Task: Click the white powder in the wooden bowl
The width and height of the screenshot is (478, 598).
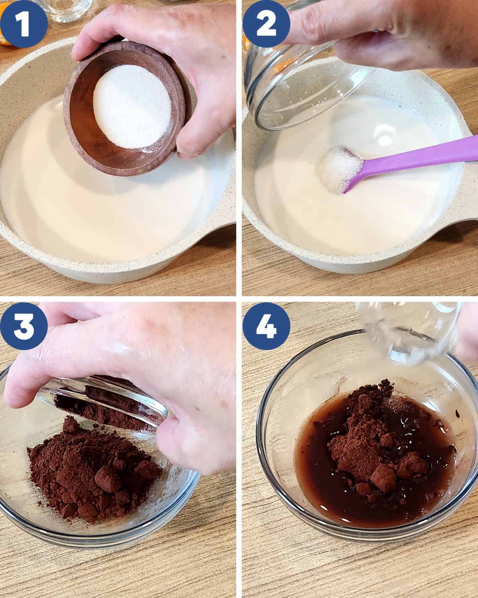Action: [132, 106]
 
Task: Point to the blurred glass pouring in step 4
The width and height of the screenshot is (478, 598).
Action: [408, 332]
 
